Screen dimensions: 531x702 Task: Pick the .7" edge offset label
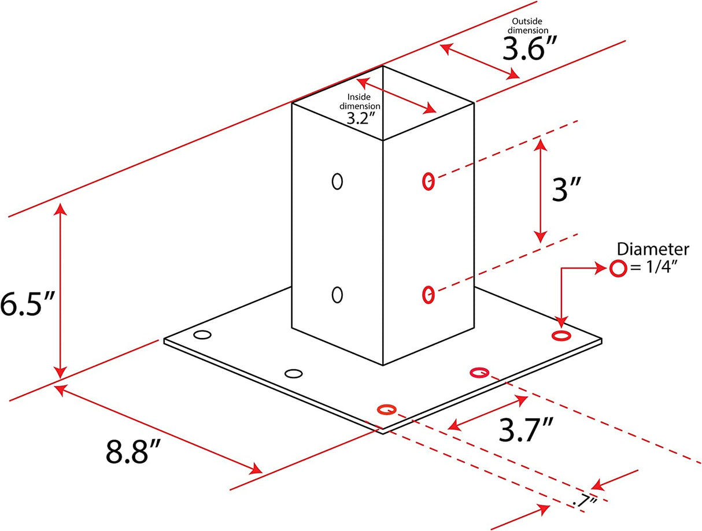585,501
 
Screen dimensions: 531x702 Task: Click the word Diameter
653,250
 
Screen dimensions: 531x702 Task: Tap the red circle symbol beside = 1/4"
617,268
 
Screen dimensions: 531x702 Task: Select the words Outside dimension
526,26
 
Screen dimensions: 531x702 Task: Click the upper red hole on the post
428,181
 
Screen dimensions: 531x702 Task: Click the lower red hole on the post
428,295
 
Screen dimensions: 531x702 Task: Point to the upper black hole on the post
337,181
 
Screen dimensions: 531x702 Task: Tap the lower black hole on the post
337,295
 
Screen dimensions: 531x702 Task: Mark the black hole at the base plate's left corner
202,335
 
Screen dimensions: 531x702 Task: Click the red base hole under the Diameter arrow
560,336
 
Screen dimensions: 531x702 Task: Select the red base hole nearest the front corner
386,410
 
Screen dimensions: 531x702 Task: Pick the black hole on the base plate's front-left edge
294,374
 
